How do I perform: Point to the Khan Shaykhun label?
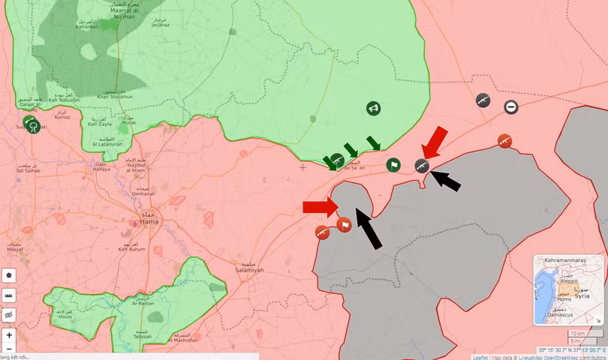115,97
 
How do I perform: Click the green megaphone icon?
373,109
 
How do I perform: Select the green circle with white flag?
393,164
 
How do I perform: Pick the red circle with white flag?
344,223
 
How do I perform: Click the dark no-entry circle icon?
511,107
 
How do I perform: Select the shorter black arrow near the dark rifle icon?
445,181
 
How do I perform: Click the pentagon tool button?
9,275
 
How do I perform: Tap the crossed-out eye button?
9,316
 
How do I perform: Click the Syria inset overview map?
567,289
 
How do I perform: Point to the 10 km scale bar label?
576,333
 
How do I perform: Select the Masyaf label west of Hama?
14,247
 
